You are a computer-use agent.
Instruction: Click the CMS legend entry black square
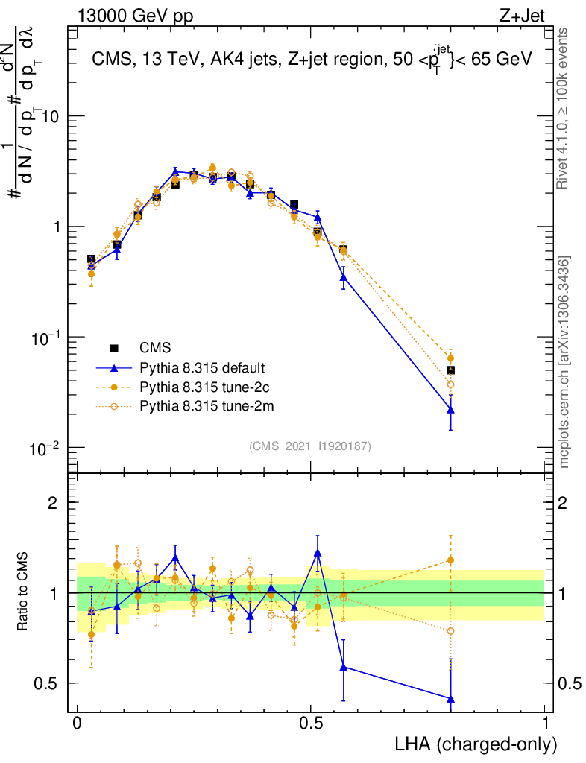point(114,348)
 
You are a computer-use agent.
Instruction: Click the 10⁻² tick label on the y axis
point(45,448)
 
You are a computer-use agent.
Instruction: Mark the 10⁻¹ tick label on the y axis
point(45,338)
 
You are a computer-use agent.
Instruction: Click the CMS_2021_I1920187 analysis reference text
point(310,446)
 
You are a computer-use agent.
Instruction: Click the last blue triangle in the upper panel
point(450,410)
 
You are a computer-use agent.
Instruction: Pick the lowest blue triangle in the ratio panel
point(450,699)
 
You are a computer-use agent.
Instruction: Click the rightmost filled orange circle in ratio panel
point(450,560)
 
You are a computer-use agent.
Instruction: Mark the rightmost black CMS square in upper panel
point(450,370)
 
